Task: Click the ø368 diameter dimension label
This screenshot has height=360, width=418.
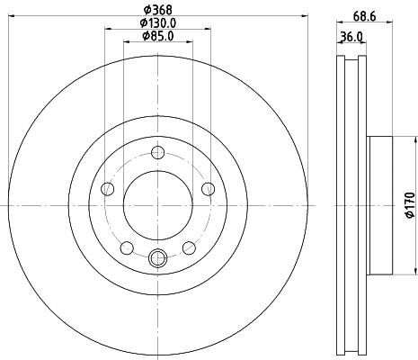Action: point(158,10)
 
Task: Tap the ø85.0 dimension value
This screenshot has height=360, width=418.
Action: point(158,37)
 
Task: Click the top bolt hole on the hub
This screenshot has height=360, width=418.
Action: point(158,152)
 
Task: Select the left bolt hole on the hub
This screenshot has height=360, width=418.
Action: point(108,188)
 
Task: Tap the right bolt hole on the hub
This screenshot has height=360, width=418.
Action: point(209,188)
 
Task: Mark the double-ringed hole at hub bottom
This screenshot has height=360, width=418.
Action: point(158,259)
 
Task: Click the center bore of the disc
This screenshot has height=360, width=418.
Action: point(158,205)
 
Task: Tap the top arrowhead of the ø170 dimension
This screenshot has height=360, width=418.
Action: point(416,140)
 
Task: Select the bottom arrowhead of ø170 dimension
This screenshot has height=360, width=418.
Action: point(416,271)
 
